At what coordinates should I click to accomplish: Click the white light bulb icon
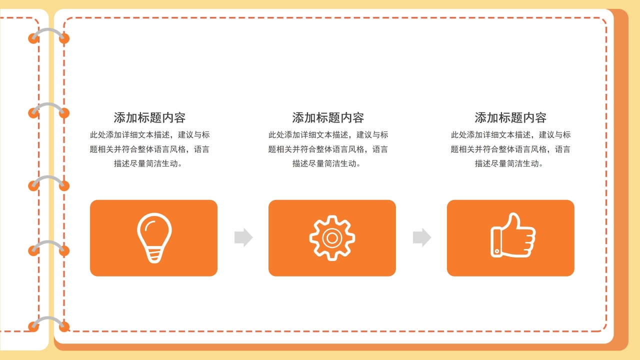pos(154,237)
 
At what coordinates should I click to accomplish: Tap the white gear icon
pos(332,237)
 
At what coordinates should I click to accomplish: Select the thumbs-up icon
pos(512,236)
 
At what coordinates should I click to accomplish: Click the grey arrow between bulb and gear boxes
pos(243,237)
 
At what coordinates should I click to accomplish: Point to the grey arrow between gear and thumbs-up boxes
pos(421,237)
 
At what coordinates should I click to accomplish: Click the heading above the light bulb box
pos(149,118)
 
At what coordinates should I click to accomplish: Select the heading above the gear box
pos(328,118)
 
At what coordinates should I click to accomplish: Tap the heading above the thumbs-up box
pos(510,118)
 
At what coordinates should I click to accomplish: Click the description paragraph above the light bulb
pos(149,149)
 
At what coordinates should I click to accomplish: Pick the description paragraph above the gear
pos(328,149)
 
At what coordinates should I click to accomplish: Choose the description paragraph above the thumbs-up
pos(510,149)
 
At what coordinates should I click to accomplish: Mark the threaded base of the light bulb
pos(154,255)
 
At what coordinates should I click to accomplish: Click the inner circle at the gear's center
pos(332,237)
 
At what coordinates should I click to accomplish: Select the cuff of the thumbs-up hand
pos(496,242)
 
